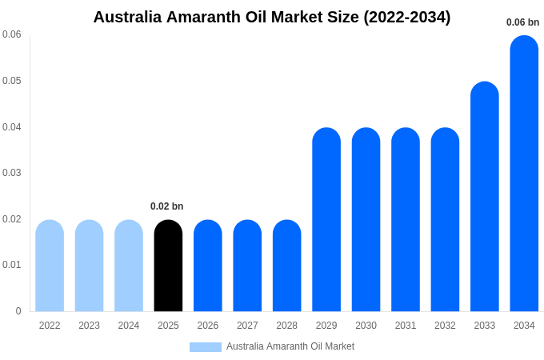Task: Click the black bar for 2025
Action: [x=168, y=266]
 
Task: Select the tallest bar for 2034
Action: [x=524, y=174]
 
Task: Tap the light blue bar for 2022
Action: [x=50, y=266]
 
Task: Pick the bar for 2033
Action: [x=485, y=197]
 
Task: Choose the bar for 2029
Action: [x=326, y=220]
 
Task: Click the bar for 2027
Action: [x=247, y=266]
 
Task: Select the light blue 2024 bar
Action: [x=129, y=266]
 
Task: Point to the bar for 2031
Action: [x=406, y=220]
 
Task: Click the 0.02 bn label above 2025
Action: [x=167, y=206]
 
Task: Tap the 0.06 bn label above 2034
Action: [x=522, y=22]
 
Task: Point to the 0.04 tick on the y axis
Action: [x=12, y=127]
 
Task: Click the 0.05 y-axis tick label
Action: [x=12, y=81]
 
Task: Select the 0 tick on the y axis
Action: [x=18, y=311]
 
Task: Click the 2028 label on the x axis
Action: [x=286, y=326]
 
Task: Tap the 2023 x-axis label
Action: [x=89, y=326]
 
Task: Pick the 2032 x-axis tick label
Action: [x=445, y=326]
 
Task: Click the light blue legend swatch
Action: [x=206, y=347]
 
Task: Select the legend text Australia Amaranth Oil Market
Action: [x=290, y=346]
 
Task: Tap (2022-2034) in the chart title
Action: [x=406, y=17]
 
